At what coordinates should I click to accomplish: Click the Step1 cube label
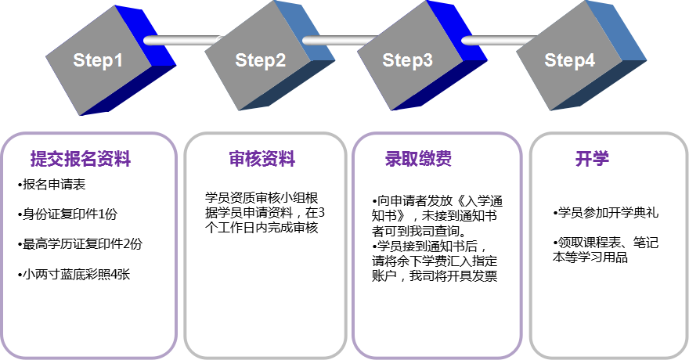98,61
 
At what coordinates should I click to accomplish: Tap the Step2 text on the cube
261,61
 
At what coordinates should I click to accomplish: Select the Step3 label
407,60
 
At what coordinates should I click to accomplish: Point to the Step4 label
569,61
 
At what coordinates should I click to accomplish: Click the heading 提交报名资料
81,160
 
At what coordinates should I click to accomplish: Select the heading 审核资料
262,160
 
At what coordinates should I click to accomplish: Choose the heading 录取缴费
418,160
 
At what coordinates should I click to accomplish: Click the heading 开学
592,160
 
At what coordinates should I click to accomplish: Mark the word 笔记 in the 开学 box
646,243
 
